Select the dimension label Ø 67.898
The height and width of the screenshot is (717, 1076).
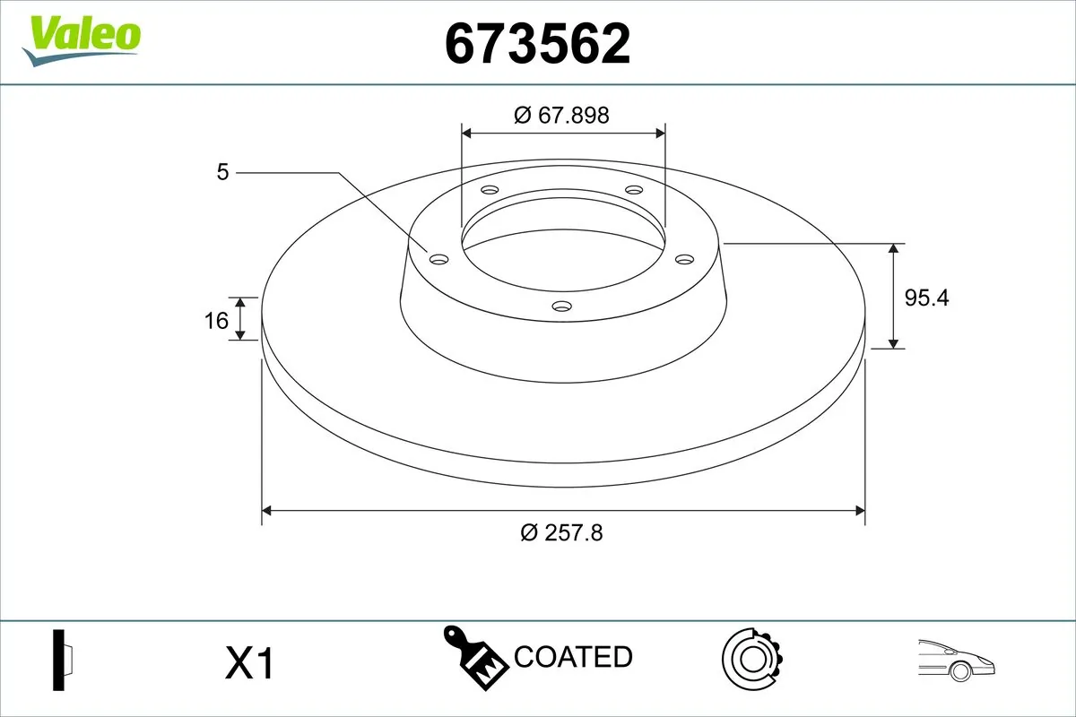[562, 115]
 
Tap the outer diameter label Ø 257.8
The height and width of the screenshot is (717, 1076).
[562, 532]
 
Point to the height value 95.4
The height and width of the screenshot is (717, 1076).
[925, 298]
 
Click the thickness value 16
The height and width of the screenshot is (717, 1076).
[216, 319]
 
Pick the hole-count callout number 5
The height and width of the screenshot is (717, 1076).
[222, 172]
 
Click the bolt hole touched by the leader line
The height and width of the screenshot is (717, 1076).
[438, 259]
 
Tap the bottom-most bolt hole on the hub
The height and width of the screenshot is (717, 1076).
[562, 307]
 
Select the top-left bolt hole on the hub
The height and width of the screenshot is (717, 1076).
[490, 190]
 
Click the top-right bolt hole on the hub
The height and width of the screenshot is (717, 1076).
[635, 190]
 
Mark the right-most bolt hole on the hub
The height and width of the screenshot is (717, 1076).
[685, 259]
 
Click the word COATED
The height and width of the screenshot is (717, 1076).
[573, 657]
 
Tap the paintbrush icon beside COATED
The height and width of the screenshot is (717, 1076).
[475, 657]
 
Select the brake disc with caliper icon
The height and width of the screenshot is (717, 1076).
[751, 659]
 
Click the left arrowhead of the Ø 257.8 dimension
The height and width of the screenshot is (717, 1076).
[266, 511]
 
